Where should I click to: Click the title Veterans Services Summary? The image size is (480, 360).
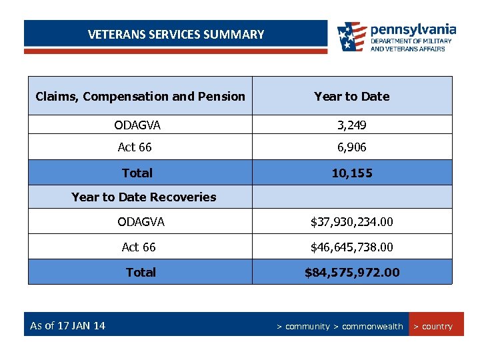(176, 35)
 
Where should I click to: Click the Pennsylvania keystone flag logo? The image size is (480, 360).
(351, 37)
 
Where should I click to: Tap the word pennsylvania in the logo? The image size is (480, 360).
(413, 29)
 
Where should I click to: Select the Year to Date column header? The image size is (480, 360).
(351, 97)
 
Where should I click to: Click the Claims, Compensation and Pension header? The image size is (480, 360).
(140, 97)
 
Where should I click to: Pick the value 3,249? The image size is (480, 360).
(351, 125)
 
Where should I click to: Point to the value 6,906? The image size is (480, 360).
(351, 147)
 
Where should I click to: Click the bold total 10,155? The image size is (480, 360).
(351, 173)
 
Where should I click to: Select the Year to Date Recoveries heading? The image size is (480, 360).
(143, 197)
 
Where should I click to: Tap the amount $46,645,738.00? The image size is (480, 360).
(351, 247)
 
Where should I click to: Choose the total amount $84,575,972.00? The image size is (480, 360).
(351, 273)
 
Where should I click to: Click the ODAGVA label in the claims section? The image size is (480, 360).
(137, 125)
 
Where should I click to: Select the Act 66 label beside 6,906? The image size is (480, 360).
(135, 147)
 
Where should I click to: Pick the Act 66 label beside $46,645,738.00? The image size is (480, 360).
(139, 247)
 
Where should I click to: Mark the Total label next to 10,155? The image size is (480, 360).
(137, 173)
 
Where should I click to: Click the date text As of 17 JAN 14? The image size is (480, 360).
(67, 326)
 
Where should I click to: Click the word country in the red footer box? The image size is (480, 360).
(437, 327)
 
